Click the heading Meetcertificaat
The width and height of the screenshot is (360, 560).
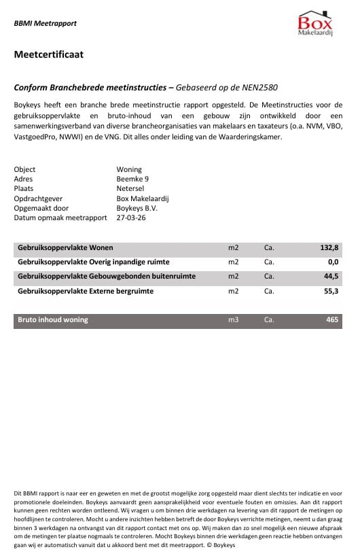click(48, 55)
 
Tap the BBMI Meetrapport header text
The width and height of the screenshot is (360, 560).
click(46, 23)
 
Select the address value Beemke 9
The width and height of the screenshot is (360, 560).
click(132, 179)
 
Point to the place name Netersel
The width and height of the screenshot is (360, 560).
click(131, 188)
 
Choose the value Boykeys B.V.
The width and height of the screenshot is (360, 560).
click(138, 208)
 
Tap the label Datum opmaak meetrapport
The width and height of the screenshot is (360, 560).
click(60, 217)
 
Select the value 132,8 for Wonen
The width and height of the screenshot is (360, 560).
click(329, 248)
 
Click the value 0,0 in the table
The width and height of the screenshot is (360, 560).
click(333, 262)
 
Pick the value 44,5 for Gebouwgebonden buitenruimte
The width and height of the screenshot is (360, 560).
click(331, 277)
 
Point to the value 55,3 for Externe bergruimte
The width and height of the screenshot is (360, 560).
click(331, 291)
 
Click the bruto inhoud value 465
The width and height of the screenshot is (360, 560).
click(333, 319)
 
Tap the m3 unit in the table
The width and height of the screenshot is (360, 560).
click(234, 319)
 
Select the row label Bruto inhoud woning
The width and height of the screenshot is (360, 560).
click(53, 319)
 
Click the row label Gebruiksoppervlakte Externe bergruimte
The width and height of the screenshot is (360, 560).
click(86, 291)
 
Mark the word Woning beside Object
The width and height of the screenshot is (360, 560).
click(129, 169)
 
